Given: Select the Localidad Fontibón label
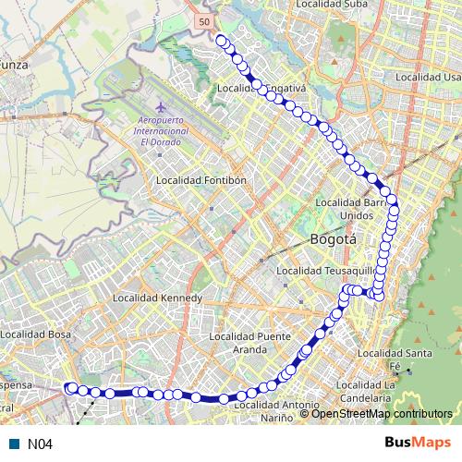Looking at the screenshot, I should point(201,180).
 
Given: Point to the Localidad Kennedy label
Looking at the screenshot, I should point(156,298).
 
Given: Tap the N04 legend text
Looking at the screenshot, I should point(38,444).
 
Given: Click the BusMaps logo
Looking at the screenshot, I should point(418,443).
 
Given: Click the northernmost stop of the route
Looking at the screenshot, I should point(221,39).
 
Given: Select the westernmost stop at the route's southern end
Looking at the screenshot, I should point(68,388).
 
